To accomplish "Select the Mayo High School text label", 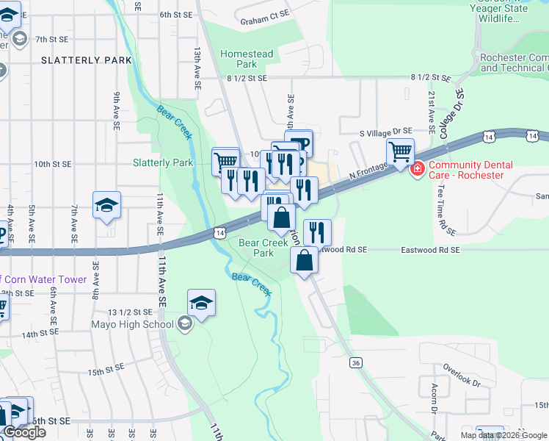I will (133, 324).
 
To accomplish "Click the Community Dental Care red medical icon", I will (418, 170).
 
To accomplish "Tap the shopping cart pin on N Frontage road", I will (400, 153).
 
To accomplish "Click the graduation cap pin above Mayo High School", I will (201, 303).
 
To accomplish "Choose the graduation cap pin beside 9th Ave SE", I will (106, 205).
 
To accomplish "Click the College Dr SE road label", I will (452, 115).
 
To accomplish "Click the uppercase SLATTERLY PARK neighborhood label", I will (87, 60).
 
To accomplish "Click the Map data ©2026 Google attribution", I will (503, 435).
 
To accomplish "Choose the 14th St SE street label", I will (40, 334).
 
